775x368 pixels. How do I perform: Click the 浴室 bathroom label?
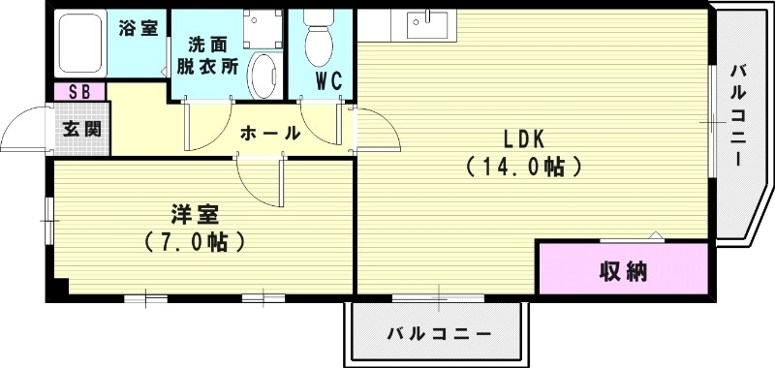[x=139, y=28]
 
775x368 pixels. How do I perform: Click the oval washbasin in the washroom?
[x=263, y=75]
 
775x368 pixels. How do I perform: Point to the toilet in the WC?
[x=317, y=39]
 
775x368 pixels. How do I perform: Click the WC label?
[x=328, y=81]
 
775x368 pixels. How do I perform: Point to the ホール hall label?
[x=268, y=134]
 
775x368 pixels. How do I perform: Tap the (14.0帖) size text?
[x=524, y=167]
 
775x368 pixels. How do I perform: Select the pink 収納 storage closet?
[x=623, y=269]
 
